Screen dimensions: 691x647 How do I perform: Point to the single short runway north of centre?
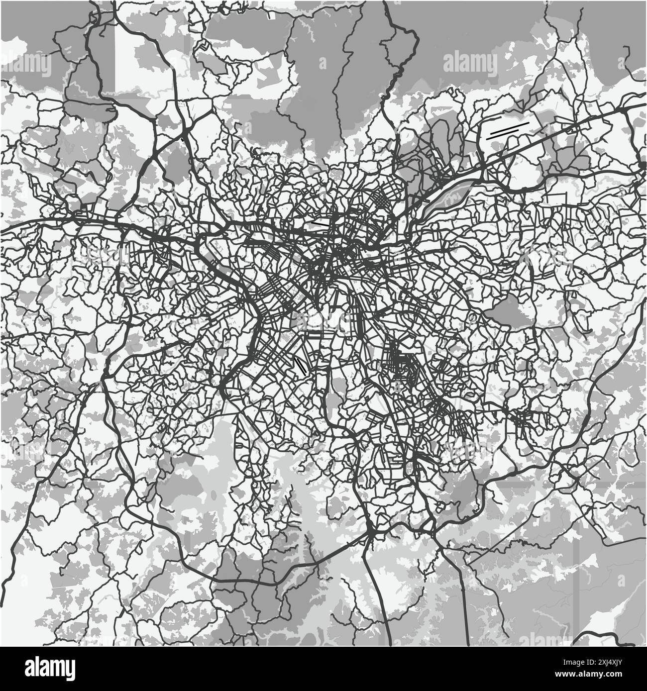[x=323, y=224]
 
